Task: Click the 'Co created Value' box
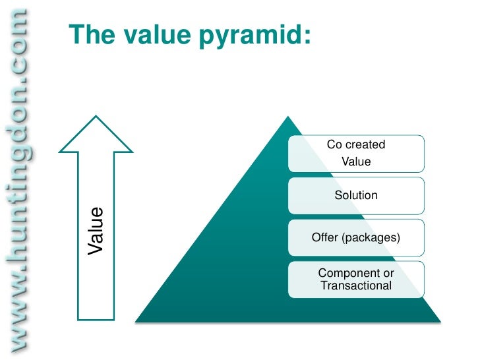pyautogui.click(x=356, y=154)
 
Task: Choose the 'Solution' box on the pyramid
pyautogui.click(x=356, y=195)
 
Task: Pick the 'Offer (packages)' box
pyautogui.click(x=356, y=237)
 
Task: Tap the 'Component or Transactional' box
pyautogui.click(x=356, y=280)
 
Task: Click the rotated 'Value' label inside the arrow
pyautogui.click(x=96, y=231)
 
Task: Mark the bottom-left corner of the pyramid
pyautogui.click(x=136, y=321)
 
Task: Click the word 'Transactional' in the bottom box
pyautogui.click(x=356, y=286)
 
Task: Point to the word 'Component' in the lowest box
pyautogui.click(x=344, y=273)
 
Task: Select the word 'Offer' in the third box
pyautogui.click(x=324, y=237)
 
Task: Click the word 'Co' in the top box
pyautogui.click(x=334, y=145)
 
